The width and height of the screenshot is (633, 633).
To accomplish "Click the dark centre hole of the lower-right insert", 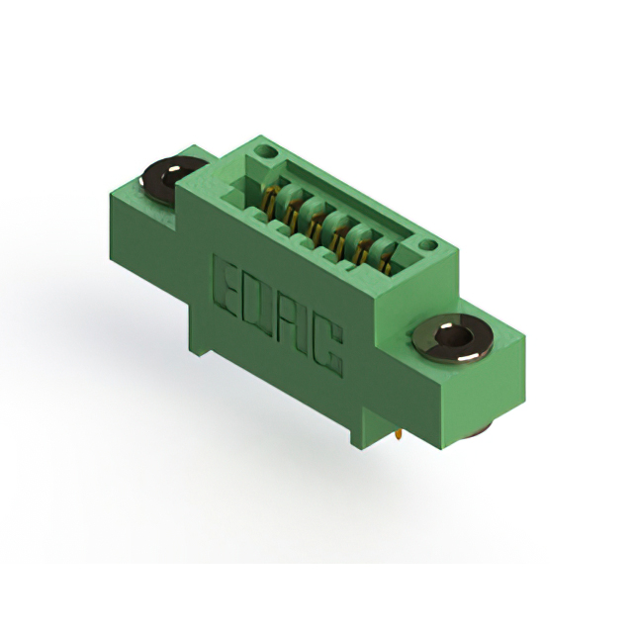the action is [x=456, y=336].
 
